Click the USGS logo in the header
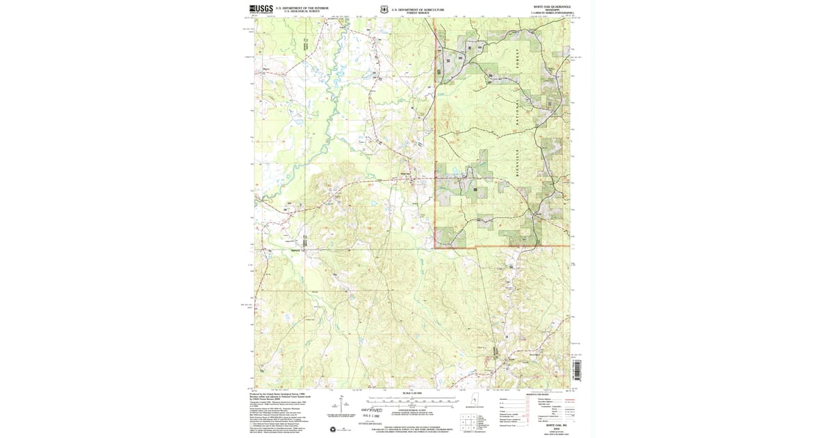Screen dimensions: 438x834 [x=261, y=9]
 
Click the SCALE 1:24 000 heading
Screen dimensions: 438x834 [x=411, y=394]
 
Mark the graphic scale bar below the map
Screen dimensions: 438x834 [x=411, y=401]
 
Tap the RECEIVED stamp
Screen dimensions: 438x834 [x=372, y=410]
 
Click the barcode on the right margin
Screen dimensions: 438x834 [x=576, y=368]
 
